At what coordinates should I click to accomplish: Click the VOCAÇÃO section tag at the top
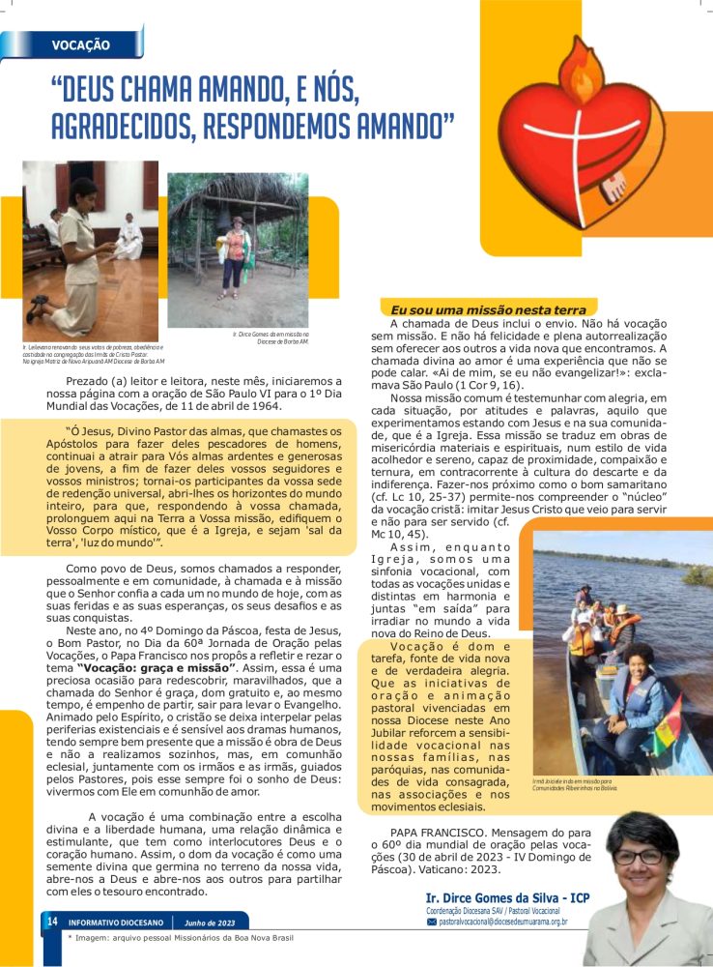pos(80,45)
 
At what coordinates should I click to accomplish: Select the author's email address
pos(501,923)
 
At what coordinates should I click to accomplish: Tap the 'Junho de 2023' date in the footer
pos(209,923)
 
